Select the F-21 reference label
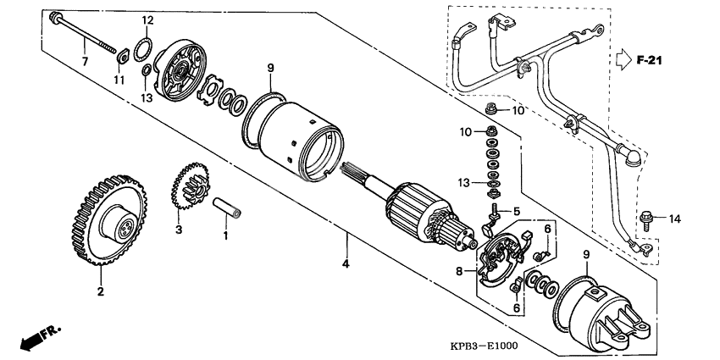coord(650,60)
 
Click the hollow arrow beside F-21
coord(622,60)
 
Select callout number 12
coord(147,19)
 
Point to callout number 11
coord(119,80)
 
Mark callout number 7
coord(84,61)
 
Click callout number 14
coord(673,219)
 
